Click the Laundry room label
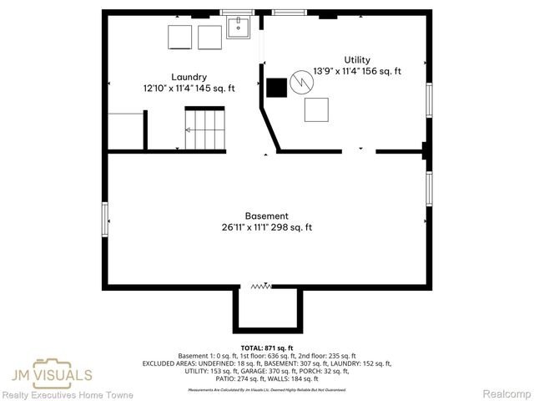point(189,77)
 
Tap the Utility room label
point(356,59)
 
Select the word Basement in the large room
point(267,216)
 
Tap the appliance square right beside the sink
point(209,38)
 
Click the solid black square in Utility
point(276,88)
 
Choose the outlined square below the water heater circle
point(316,109)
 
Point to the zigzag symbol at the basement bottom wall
point(261,287)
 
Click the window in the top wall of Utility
point(288,13)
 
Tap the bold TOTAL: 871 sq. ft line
point(266,348)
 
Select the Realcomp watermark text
point(507,393)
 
